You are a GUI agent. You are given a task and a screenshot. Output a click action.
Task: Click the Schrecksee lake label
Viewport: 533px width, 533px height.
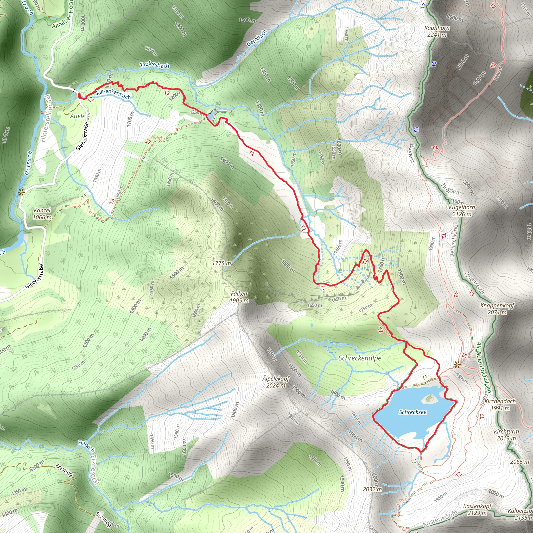click(x=413, y=412)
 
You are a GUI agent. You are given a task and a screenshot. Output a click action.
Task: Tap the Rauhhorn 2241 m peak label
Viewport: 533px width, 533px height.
click(x=437, y=31)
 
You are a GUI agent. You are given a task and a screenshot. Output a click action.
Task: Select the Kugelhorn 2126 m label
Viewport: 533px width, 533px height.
click(x=462, y=211)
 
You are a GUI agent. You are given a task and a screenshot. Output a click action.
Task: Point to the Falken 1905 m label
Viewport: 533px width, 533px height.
click(x=239, y=297)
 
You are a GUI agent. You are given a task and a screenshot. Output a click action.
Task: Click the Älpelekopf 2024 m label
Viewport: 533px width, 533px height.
click(x=276, y=382)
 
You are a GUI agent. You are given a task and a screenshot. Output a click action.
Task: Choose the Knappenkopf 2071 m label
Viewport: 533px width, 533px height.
click(x=497, y=309)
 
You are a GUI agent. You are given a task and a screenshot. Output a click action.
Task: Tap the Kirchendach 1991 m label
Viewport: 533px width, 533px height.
click(x=500, y=404)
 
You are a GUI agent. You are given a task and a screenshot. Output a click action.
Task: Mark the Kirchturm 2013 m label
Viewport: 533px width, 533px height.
click(x=506, y=435)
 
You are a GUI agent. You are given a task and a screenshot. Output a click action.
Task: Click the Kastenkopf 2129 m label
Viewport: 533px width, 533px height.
click(x=477, y=510)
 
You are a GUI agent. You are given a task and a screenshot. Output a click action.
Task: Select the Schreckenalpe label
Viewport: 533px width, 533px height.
click(x=360, y=358)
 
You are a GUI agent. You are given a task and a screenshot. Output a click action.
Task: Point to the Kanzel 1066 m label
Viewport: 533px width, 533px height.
click(x=42, y=214)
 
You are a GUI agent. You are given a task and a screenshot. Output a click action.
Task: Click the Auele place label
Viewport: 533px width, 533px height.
click(x=78, y=116)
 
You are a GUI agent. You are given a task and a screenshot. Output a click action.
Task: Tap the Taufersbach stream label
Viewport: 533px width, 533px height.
click(x=154, y=65)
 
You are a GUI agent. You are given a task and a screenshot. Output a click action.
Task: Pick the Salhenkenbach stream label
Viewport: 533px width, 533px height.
click(x=113, y=94)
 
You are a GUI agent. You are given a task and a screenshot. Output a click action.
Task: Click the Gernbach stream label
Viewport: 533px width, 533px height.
click(x=257, y=38)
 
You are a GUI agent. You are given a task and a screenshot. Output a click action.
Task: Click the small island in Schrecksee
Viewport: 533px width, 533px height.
click(x=429, y=398)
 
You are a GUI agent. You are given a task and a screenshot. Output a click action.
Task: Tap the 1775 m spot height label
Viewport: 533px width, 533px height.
click(x=221, y=263)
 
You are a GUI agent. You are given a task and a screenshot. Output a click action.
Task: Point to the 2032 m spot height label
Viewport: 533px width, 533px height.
click(x=372, y=489)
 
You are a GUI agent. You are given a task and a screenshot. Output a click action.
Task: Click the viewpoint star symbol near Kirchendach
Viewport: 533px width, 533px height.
click(x=457, y=365)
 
